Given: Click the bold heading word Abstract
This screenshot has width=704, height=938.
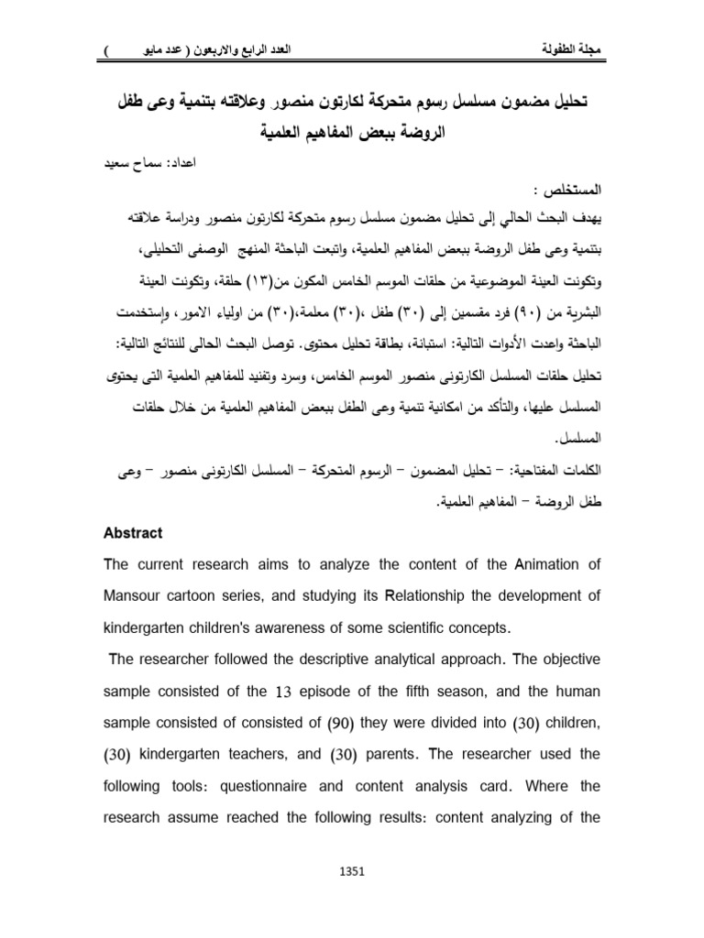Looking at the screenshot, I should pyautogui.click(x=134, y=533).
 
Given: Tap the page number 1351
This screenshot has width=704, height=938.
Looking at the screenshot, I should pyautogui.click(x=352, y=873).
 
